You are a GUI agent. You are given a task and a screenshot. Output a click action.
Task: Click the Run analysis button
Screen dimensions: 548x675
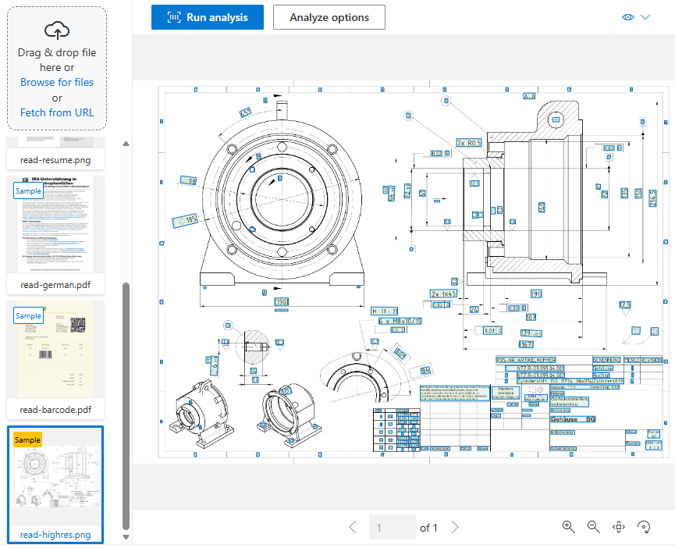click(208, 17)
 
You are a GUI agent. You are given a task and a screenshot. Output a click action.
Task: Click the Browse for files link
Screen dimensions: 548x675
click(57, 82)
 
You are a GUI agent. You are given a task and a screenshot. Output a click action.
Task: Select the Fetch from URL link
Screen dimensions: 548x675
click(57, 112)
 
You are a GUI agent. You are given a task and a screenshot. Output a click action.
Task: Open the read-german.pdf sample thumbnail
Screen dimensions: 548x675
click(56, 222)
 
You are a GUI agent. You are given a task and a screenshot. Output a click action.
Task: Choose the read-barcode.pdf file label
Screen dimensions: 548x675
click(56, 409)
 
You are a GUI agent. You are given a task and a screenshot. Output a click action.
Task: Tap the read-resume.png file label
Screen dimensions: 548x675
click(56, 159)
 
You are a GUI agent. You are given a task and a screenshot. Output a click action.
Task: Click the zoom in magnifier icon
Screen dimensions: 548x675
click(568, 527)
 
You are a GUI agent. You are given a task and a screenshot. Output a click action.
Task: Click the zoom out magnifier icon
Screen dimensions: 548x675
click(593, 527)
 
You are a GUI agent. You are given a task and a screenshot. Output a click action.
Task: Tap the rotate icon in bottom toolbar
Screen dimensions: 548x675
click(645, 527)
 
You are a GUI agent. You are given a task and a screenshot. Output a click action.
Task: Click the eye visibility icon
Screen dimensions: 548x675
click(629, 17)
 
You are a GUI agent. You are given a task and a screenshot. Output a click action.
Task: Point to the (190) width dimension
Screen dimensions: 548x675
click(281, 301)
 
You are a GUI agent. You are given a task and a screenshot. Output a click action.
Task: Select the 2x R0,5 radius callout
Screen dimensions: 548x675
click(471, 143)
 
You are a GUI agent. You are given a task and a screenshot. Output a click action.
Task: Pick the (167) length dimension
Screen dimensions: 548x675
click(525, 343)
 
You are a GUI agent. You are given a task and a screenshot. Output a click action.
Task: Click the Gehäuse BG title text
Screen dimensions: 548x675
click(574, 419)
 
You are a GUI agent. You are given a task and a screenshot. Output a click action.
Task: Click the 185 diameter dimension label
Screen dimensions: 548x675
click(187, 220)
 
